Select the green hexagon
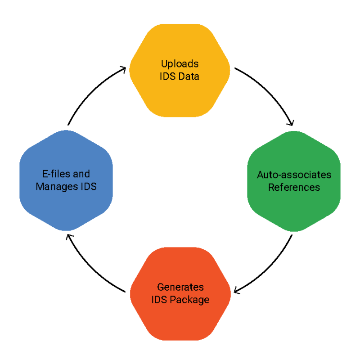click(294, 207)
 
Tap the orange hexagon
click(180, 319)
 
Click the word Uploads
click(180, 64)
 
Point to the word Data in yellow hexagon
click(189, 76)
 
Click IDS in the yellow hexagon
click(167, 76)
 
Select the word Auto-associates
click(294, 175)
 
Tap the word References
click(294, 187)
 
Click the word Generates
click(180, 287)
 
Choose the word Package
click(191, 300)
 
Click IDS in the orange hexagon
click(159, 300)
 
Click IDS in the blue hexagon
click(89, 186)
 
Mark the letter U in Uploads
click(164, 64)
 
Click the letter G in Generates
click(160, 287)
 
